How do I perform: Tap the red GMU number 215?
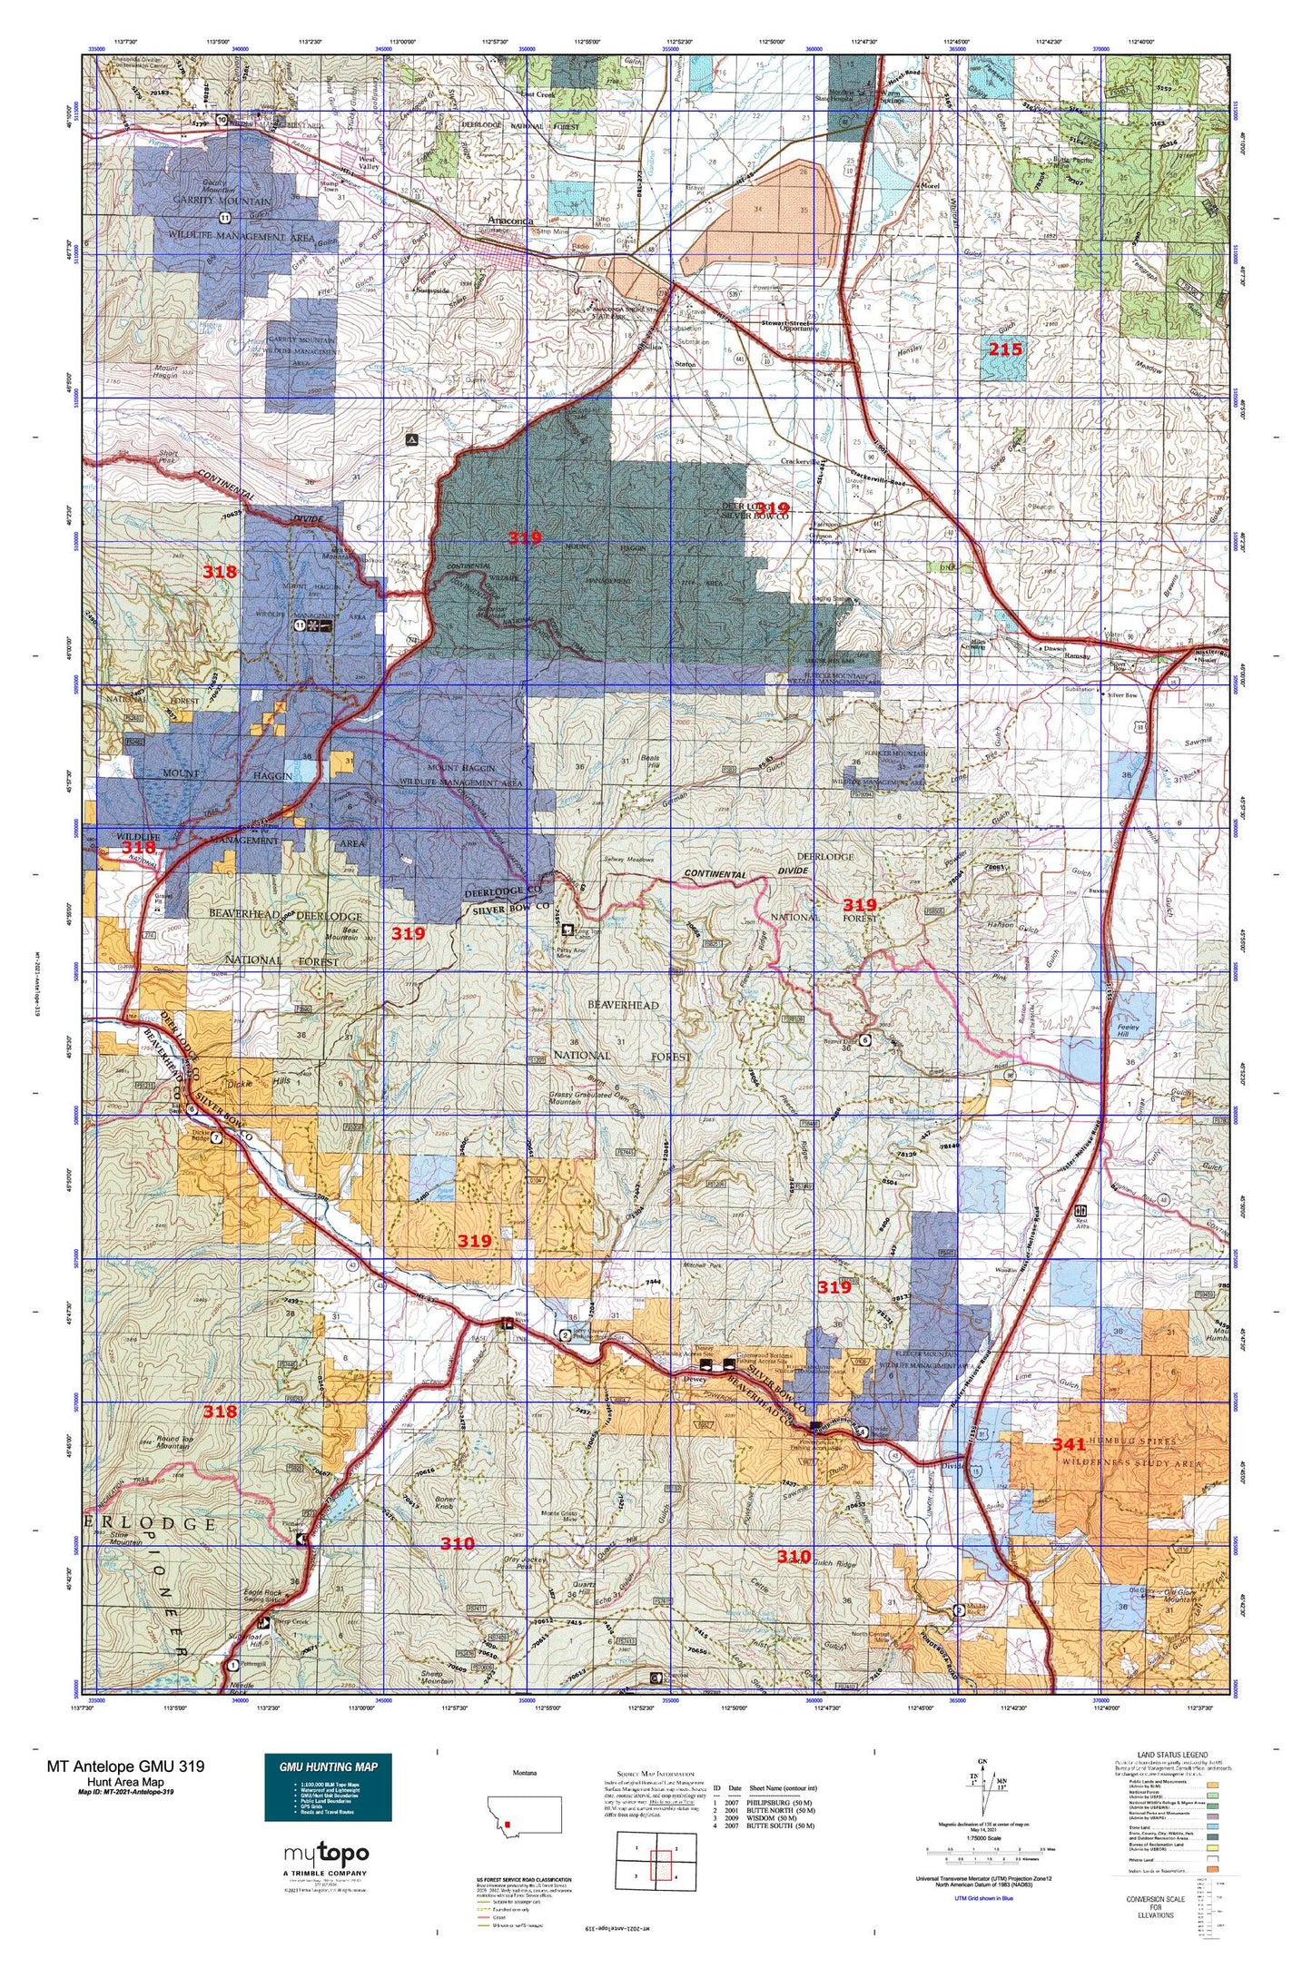pyautogui.click(x=1005, y=349)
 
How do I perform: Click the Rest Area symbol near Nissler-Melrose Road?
pyautogui.click(x=1080, y=1211)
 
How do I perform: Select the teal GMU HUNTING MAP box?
pyautogui.click(x=328, y=1786)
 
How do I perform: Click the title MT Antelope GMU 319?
pyautogui.click(x=125, y=1766)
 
